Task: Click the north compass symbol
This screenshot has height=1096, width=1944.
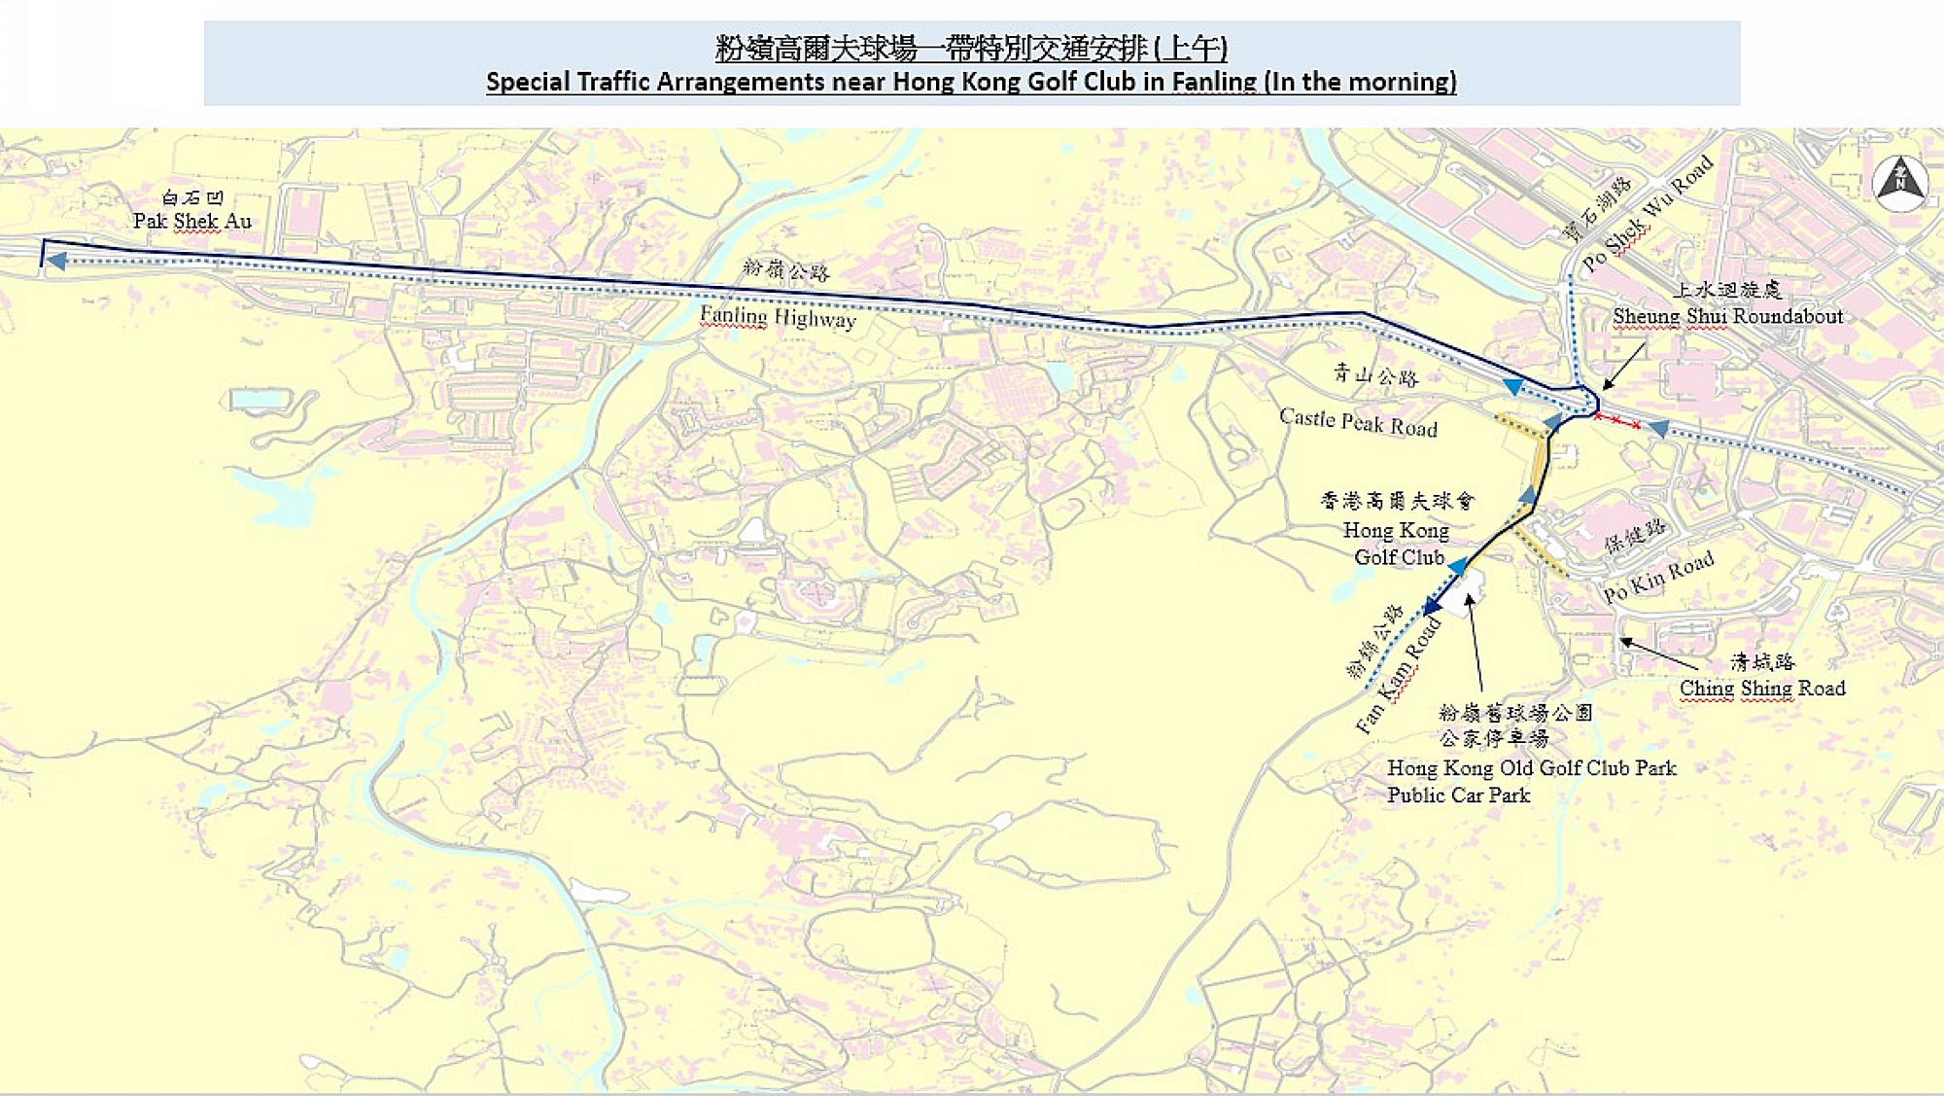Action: point(1900,182)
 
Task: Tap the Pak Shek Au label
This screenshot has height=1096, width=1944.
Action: point(192,222)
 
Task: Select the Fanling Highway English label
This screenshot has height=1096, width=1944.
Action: point(778,317)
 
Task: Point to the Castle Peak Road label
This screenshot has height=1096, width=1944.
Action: point(1358,423)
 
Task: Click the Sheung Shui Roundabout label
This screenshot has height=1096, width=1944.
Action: point(1727,316)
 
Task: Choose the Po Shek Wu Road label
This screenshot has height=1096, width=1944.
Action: point(1647,215)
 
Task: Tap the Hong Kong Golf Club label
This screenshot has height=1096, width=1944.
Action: point(1397,544)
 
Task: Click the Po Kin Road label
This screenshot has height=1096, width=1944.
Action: point(1657,578)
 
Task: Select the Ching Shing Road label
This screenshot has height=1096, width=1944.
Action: point(1761,689)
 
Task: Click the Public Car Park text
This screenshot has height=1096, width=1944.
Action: point(1458,795)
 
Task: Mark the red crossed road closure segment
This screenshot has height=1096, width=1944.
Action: point(1616,420)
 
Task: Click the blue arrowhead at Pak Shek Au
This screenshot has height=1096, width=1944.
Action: point(57,261)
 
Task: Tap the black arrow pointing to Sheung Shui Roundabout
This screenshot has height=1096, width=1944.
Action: point(1622,367)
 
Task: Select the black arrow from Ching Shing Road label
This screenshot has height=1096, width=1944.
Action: point(1658,654)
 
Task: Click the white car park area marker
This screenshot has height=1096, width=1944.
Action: point(1461,592)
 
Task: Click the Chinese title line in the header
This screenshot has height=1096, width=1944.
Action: point(971,48)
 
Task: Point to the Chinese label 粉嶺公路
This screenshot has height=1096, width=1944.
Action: point(785,270)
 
